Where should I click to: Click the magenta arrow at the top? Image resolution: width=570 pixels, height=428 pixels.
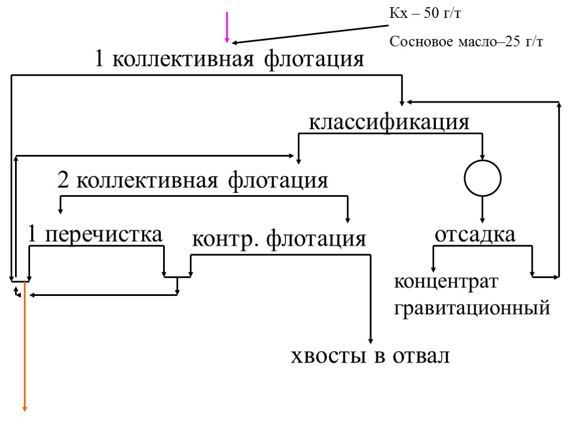(227, 27)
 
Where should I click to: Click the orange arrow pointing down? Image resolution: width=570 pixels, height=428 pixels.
(24, 346)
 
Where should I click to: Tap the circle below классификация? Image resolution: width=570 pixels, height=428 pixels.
(483, 178)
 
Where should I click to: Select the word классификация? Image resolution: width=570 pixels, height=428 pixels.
(389, 122)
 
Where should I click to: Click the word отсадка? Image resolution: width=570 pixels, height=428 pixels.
(475, 235)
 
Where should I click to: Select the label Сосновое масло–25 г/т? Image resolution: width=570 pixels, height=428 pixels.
(466, 42)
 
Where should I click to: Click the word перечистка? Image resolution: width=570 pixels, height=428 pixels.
(104, 236)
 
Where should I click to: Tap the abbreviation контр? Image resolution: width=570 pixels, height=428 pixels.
(226, 240)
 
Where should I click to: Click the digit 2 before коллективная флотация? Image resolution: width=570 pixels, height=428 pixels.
(63, 181)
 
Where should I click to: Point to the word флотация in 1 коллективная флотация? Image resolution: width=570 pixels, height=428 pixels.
(314, 59)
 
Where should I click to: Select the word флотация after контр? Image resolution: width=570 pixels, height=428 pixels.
(316, 240)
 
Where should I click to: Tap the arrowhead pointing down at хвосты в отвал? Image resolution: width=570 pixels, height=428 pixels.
(370, 341)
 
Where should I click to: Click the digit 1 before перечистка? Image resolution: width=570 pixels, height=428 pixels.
(33, 236)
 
